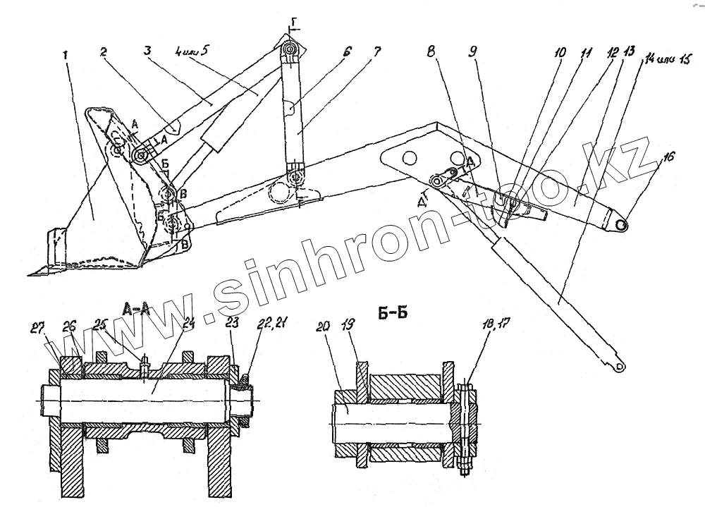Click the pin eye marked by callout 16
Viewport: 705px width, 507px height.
(621, 224)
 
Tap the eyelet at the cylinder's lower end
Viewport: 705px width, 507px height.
(619, 365)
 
